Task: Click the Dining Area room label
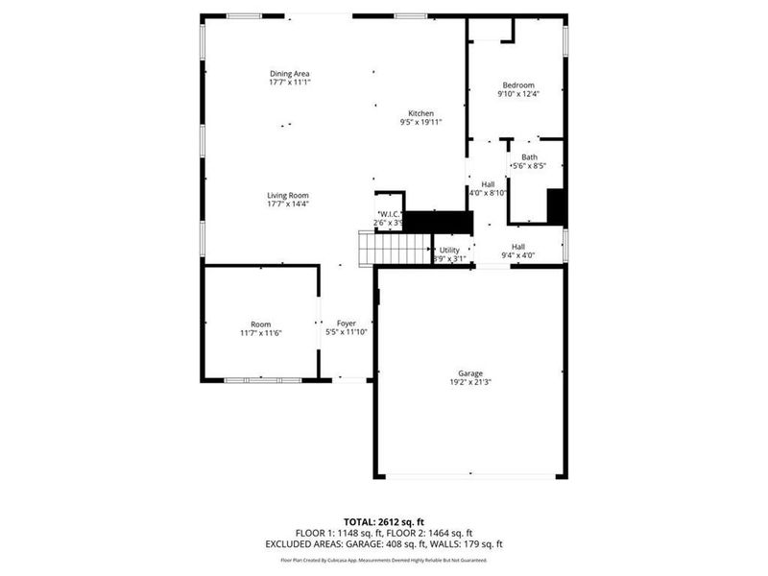(289, 74)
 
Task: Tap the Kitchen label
(420, 113)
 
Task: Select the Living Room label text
(288, 195)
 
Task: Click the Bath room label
(529, 157)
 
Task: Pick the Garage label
(469, 372)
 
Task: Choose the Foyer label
(346, 324)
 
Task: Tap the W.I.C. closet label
(389, 214)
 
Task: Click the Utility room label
(450, 250)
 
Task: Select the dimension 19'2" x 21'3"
(469, 382)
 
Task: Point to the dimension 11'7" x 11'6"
(261, 332)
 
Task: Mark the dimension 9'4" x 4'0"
(517, 255)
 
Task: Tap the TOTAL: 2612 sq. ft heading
(383, 521)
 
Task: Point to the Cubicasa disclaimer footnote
(383, 560)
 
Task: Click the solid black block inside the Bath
(554, 206)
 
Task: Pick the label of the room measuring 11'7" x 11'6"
(261, 324)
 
